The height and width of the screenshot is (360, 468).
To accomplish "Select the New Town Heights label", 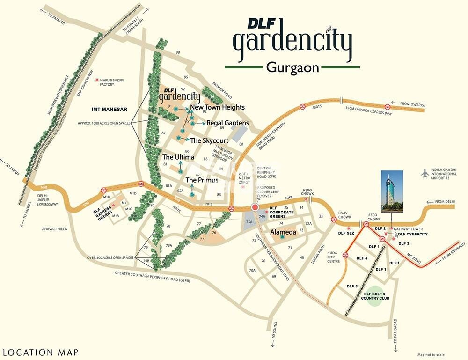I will click(x=217, y=107).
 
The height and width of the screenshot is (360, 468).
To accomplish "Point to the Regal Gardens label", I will click(x=227, y=123).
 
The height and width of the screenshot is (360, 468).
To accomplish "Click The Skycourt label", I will click(x=209, y=140).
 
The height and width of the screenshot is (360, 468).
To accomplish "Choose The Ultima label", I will click(x=178, y=157).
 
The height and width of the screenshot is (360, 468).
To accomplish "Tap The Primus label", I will click(x=202, y=180).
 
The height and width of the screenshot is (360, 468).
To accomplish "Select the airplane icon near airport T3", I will click(x=425, y=174).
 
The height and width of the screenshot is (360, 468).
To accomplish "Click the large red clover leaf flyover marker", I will click(x=255, y=206).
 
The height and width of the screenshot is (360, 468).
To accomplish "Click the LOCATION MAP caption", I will click(x=40, y=352).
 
